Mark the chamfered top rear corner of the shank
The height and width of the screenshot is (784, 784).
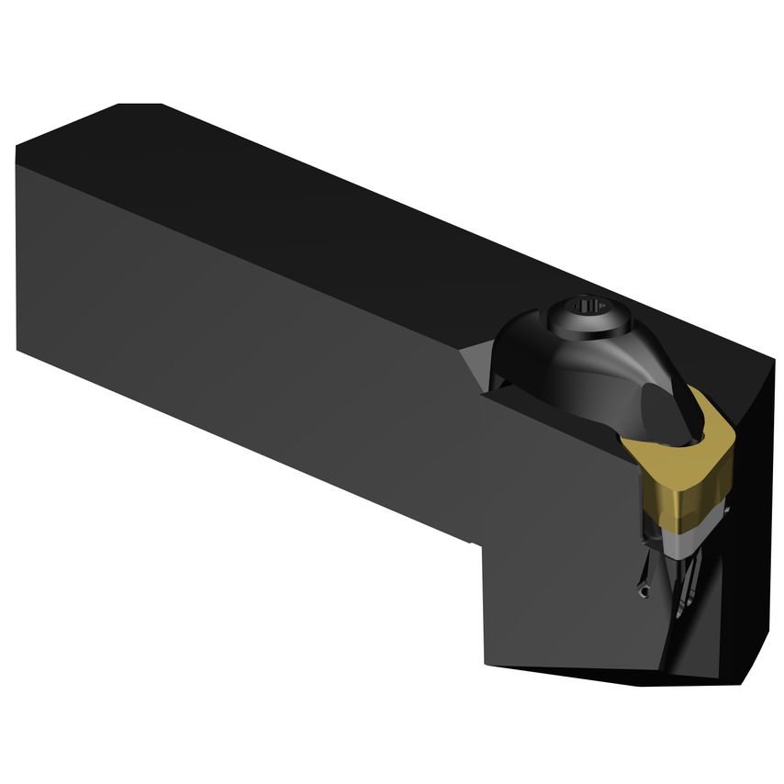[138, 106]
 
